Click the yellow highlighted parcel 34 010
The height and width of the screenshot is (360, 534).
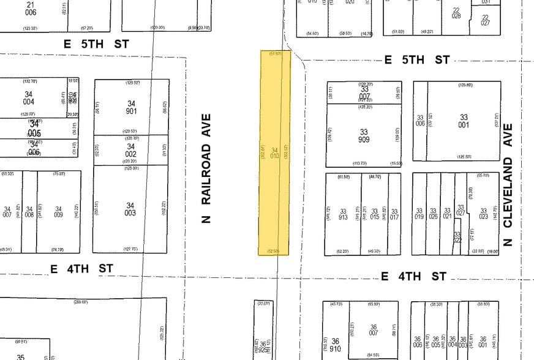pos(274,153)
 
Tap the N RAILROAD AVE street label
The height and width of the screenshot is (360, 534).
pos(207,168)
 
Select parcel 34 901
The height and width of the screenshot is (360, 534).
pos(130,107)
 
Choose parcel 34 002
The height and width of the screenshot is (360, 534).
pos(130,150)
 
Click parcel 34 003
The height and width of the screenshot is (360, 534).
pos(130,209)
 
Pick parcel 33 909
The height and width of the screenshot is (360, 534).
pos(364,135)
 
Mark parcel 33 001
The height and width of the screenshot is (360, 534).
pos(463,121)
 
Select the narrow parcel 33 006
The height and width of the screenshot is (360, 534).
pos(420,121)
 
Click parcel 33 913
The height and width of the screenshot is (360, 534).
pos(343,213)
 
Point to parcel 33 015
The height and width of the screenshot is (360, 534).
pos(374,213)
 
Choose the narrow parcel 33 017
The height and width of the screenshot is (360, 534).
pos(395,213)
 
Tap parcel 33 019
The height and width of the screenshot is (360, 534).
pos(419,213)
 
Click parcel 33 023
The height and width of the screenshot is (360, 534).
pos(484,213)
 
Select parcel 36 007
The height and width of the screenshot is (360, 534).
pos(373,329)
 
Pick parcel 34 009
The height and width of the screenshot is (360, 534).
pos(59,212)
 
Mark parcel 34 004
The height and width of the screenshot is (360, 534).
pos(29,97)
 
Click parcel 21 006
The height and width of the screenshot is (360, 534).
pos(31,8)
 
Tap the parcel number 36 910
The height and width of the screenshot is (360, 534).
pos(335,345)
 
